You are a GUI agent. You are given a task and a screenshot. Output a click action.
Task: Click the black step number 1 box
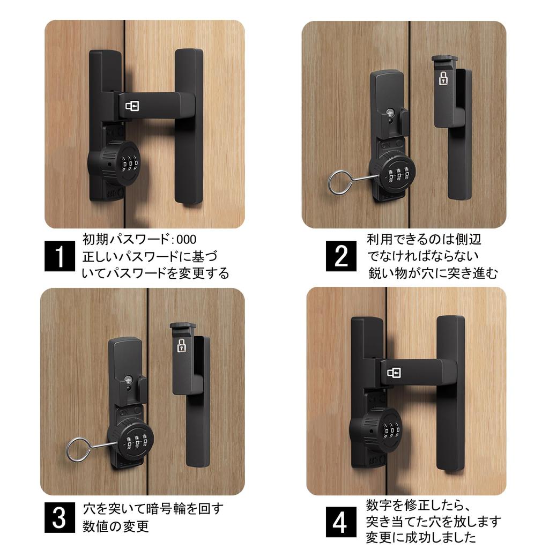60,256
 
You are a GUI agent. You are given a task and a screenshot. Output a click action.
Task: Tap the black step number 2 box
341,256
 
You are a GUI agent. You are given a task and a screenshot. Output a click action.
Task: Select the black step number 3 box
60,517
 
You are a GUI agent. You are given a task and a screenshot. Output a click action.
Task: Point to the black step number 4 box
341,522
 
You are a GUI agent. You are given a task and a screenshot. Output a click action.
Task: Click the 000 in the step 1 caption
186,240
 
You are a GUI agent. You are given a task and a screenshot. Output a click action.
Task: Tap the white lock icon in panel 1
132,106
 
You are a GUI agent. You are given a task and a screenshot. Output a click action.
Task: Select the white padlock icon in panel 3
181,345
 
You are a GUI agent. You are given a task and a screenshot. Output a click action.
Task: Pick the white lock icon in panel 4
394,373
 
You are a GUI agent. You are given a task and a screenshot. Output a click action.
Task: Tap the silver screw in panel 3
129,380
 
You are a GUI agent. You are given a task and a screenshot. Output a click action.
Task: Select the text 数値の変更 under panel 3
116,526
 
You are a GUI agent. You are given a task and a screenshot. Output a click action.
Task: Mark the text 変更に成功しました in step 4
421,537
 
